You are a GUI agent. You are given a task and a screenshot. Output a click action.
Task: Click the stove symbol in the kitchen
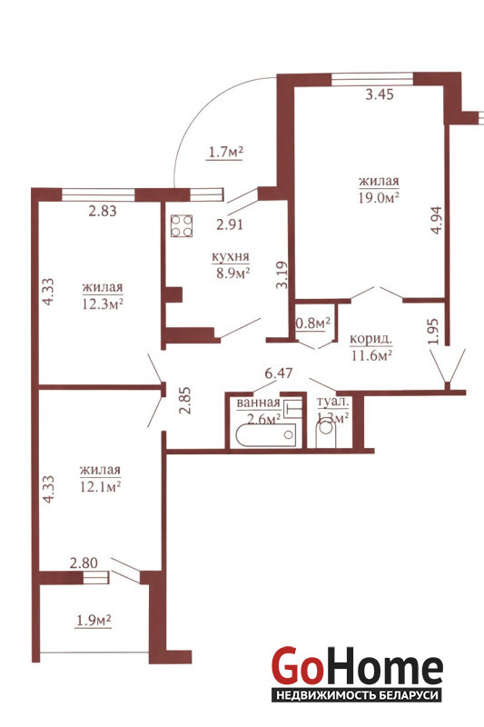pyautogui.click(x=182, y=225)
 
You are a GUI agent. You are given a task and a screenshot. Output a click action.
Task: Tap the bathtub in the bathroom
pyautogui.click(x=266, y=435)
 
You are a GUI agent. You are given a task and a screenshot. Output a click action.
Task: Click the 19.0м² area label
pyautogui.click(x=379, y=198)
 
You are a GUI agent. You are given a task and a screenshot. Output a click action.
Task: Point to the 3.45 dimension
pyautogui.click(x=380, y=95)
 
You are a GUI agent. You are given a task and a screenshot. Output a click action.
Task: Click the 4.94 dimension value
pyautogui.click(x=437, y=220)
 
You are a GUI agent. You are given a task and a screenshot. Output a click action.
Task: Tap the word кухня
pyautogui.click(x=231, y=256)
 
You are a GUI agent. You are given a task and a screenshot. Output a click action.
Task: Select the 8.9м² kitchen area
pyautogui.click(x=233, y=273)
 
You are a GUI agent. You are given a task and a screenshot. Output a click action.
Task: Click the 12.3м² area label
pyautogui.click(x=103, y=304)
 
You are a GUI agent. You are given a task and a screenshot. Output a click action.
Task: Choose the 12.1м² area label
pyautogui.click(x=101, y=487)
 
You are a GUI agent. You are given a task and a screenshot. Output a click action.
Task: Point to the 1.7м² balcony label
pyautogui.click(x=225, y=152)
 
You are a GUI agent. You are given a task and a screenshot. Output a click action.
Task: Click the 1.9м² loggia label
pyautogui.click(x=94, y=621)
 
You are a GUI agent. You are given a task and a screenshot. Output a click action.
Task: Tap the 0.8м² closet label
pyautogui.click(x=313, y=324)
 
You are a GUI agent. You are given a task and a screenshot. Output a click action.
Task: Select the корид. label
pyautogui.click(x=370, y=339)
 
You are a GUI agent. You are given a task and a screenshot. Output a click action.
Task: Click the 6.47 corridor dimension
pyautogui.click(x=278, y=373)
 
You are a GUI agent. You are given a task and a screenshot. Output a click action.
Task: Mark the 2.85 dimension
pyautogui.click(x=186, y=401)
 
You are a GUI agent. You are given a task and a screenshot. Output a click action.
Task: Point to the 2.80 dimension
pyautogui.click(x=84, y=563)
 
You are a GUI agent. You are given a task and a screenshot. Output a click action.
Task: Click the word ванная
pyautogui.click(x=258, y=403)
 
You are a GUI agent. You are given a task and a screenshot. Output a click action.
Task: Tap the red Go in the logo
pyautogui.click(x=296, y=666)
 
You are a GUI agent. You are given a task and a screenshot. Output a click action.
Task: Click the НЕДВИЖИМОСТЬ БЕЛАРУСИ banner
pyautogui.click(x=357, y=695)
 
